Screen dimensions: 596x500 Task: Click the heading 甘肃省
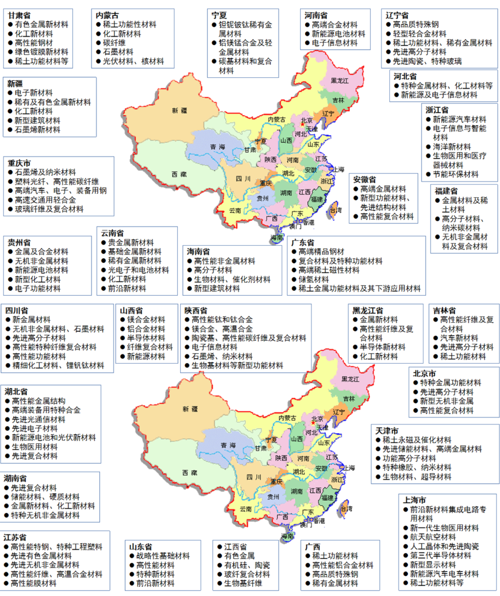click(x=19, y=16)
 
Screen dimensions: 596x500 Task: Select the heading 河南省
click(x=316, y=16)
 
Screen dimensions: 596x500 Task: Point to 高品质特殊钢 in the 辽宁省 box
click(x=416, y=25)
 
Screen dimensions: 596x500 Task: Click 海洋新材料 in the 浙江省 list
click(x=452, y=147)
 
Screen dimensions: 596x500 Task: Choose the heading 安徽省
click(x=365, y=180)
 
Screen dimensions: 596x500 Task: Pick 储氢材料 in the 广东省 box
click(x=313, y=279)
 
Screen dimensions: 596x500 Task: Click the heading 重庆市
click(x=19, y=163)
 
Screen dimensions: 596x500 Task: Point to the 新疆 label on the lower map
click(x=190, y=409)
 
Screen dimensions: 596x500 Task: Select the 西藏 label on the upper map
click(x=179, y=174)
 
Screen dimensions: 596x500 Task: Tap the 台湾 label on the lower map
click(x=346, y=509)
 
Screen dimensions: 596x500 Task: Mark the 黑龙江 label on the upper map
click(x=340, y=81)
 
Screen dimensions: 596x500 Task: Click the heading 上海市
click(x=414, y=500)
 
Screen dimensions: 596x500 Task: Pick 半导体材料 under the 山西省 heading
click(x=146, y=338)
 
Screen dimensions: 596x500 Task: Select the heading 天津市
click(x=387, y=431)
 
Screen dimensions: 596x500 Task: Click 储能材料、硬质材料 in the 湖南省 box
click(x=45, y=497)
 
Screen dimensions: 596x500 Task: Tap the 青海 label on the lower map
click(x=228, y=445)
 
